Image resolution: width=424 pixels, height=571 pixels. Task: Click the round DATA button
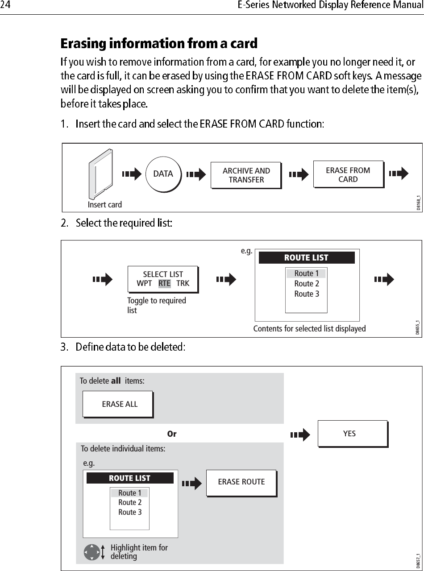(163, 174)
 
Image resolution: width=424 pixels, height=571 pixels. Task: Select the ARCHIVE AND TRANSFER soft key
(246, 175)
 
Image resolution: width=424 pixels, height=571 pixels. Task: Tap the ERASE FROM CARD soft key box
(348, 174)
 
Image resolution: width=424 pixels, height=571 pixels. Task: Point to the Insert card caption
(105, 204)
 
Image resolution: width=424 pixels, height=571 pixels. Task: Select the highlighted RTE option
(164, 283)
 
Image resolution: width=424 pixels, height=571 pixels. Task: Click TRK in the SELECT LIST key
(183, 283)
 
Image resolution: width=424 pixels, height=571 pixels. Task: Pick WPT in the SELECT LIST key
(144, 283)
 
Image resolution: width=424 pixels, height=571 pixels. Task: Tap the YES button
(352, 434)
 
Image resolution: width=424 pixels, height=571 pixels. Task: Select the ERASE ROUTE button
(241, 482)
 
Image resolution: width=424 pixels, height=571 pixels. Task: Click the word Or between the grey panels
(171, 434)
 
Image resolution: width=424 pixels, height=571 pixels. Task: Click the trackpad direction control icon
(91, 552)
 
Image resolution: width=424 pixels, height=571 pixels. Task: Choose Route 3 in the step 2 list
(307, 294)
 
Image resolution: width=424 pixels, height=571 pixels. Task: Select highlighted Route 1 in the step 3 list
(129, 493)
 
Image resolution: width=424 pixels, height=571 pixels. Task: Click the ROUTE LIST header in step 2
(307, 257)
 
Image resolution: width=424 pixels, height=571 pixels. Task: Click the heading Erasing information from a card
(159, 44)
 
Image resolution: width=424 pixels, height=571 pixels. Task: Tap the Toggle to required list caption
(156, 305)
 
